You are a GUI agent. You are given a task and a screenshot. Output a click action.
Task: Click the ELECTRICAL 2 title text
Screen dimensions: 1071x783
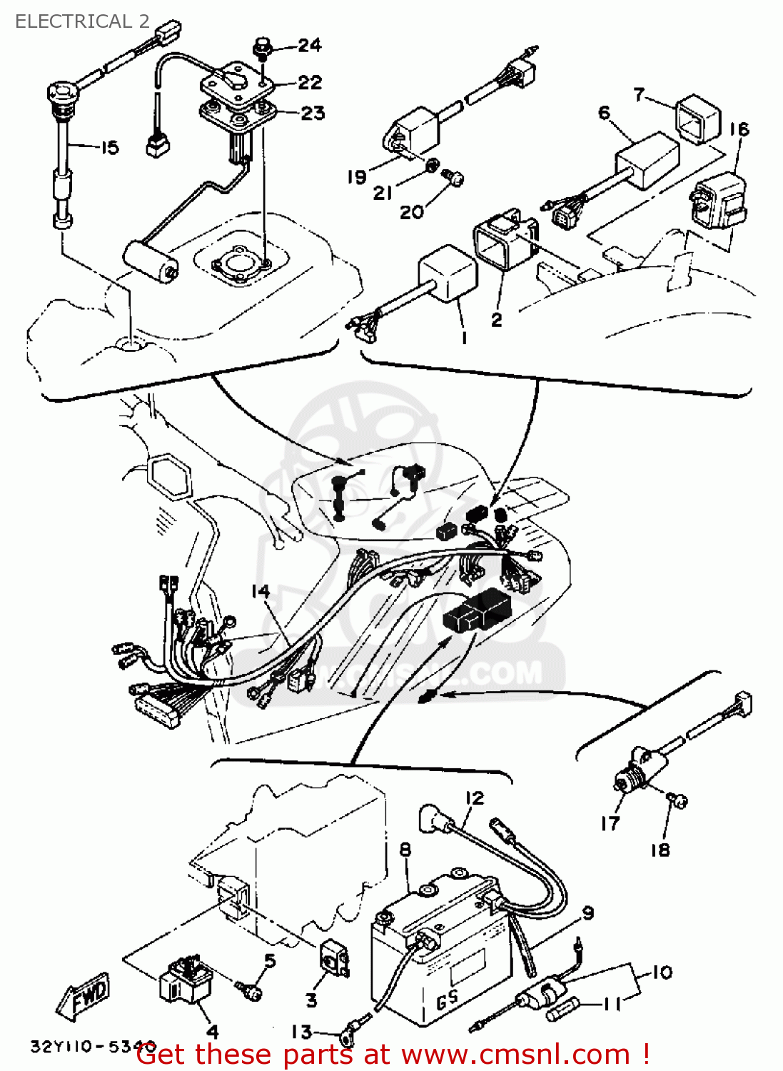(82, 21)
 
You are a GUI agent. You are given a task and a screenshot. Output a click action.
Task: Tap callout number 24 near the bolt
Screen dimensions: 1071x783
(309, 46)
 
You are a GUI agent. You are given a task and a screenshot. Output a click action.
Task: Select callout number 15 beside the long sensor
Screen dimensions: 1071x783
(109, 148)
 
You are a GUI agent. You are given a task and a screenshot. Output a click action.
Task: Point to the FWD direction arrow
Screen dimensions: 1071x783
(85, 995)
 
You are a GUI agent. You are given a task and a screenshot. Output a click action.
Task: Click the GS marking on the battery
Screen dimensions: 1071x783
(447, 1000)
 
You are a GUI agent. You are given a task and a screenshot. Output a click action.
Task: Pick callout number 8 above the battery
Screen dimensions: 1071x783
(405, 850)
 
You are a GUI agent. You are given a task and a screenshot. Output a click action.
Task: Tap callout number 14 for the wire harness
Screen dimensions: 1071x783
(261, 591)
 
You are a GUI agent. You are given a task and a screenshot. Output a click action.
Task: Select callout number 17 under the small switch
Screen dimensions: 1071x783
(610, 823)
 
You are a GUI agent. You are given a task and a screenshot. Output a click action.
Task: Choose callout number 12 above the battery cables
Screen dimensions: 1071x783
(475, 798)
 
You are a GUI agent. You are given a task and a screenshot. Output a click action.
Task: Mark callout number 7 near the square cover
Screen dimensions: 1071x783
(639, 94)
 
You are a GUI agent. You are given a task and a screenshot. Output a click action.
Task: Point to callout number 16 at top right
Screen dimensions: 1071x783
(739, 129)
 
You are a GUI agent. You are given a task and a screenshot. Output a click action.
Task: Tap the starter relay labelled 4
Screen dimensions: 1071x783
(186, 982)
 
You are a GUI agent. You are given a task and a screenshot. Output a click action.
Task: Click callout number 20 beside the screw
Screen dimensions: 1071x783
(411, 212)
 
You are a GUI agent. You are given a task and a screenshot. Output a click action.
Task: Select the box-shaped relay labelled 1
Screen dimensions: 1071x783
(448, 274)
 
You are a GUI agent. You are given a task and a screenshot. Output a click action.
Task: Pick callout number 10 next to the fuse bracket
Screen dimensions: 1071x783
(662, 972)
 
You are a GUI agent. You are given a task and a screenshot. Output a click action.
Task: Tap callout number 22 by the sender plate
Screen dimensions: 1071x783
(310, 83)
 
